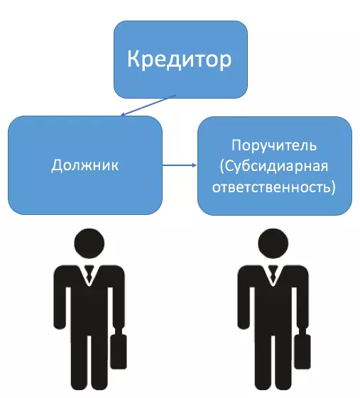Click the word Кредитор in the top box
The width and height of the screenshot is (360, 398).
[x=180, y=60]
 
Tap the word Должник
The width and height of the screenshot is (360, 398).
[x=85, y=165]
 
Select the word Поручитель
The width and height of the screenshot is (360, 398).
[x=274, y=145]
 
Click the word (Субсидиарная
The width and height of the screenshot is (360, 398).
[x=274, y=167]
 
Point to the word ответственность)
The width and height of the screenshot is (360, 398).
[x=274, y=187]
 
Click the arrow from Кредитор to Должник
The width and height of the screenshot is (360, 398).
[x=148, y=106]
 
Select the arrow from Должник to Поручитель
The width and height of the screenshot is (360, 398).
[x=180, y=165]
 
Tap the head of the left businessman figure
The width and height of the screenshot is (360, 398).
[x=89, y=243]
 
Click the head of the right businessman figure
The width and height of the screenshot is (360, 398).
[x=273, y=243]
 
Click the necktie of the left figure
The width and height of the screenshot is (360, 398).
[x=89, y=274]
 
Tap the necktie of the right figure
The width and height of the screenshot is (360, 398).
[x=273, y=274]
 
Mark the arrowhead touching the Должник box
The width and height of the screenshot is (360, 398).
[x=122, y=114]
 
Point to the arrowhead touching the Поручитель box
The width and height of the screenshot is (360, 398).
[x=195, y=165]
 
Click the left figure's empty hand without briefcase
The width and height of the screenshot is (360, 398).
[x=60, y=324]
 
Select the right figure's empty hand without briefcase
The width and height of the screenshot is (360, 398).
[x=244, y=324]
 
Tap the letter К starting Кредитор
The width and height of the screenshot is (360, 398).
[x=133, y=58]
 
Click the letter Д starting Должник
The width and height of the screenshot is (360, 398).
[x=58, y=166]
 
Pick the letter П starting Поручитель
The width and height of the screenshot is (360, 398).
[x=237, y=145]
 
